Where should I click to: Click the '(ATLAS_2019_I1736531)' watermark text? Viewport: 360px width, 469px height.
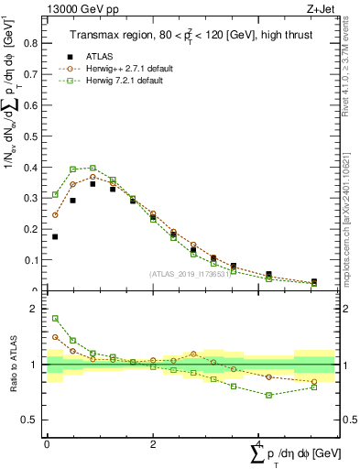tap(189, 274)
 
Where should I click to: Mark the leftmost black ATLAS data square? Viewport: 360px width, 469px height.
tap(55, 237)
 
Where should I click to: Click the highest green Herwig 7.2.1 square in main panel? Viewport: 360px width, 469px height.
tap(93, 168)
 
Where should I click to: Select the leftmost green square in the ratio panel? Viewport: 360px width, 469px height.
tap(55, 319)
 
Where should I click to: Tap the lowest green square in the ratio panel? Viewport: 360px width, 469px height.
tap(268, 395)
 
